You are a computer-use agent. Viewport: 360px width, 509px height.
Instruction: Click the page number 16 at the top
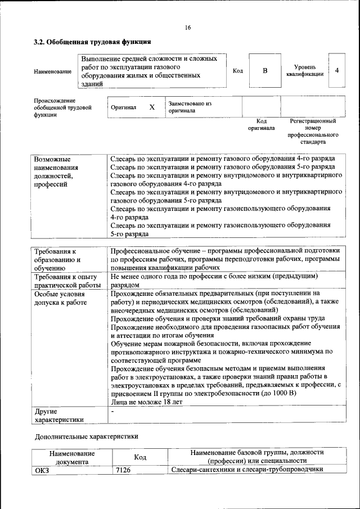tap(187, 28)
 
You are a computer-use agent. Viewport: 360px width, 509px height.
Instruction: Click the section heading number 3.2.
tap(39, 42)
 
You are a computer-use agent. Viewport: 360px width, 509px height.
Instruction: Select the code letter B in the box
tap(265, 71)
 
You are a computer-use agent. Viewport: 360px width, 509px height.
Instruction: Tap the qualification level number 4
tap(336, 70)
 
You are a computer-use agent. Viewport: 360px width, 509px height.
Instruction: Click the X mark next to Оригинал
tap(152, 107)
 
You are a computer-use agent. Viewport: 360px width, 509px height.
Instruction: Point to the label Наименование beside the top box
tap(53, 71)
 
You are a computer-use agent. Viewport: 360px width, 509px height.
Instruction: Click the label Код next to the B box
tap(237, 71)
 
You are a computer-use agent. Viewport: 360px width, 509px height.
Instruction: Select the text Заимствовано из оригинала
tap(189, 107)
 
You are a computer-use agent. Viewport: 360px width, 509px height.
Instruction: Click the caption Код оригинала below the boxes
tap(262, 124)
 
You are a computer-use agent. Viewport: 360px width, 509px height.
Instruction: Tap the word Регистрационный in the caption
tap(313, 121)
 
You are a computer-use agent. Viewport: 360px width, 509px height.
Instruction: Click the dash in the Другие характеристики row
tap(112, 412)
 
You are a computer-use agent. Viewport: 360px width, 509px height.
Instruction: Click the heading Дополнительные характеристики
tap(86, 436)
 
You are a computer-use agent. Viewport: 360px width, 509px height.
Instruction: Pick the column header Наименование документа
tap(71, 457)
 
